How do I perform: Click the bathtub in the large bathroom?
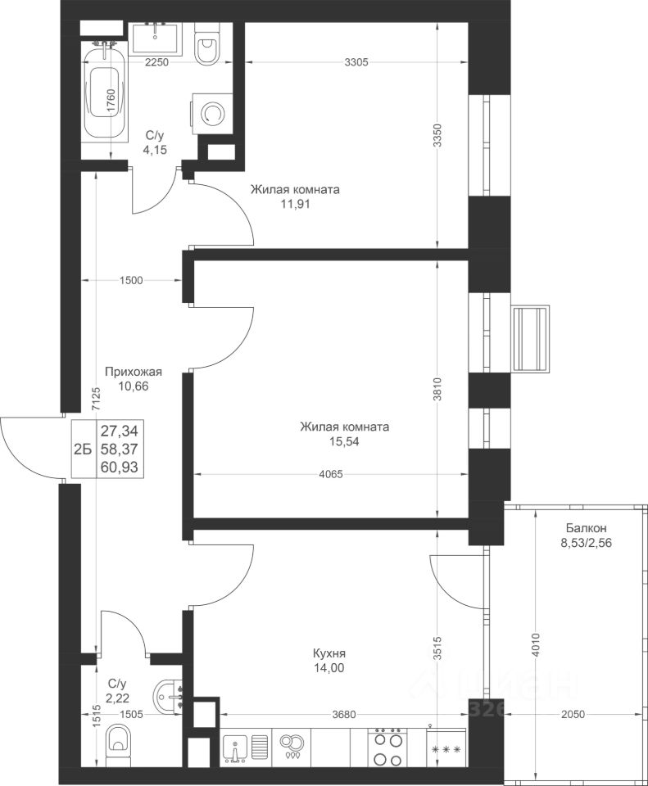coord(104,94)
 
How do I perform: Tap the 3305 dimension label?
coord(356,62)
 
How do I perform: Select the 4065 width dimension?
coord(331,474)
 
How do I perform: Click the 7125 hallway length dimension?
coord(97,399)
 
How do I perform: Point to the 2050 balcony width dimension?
coord(573,714)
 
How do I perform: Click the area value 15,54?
coord(345,441)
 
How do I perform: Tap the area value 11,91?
coord(295,204)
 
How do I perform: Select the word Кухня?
coord(329,653)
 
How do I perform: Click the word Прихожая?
coord(134,372)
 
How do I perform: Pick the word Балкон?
coord(587,528)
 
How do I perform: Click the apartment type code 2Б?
coord(83,449)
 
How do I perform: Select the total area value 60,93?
coord(120,468)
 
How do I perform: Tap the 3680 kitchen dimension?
coord(343,714)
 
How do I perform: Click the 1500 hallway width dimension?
coord(131,280)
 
